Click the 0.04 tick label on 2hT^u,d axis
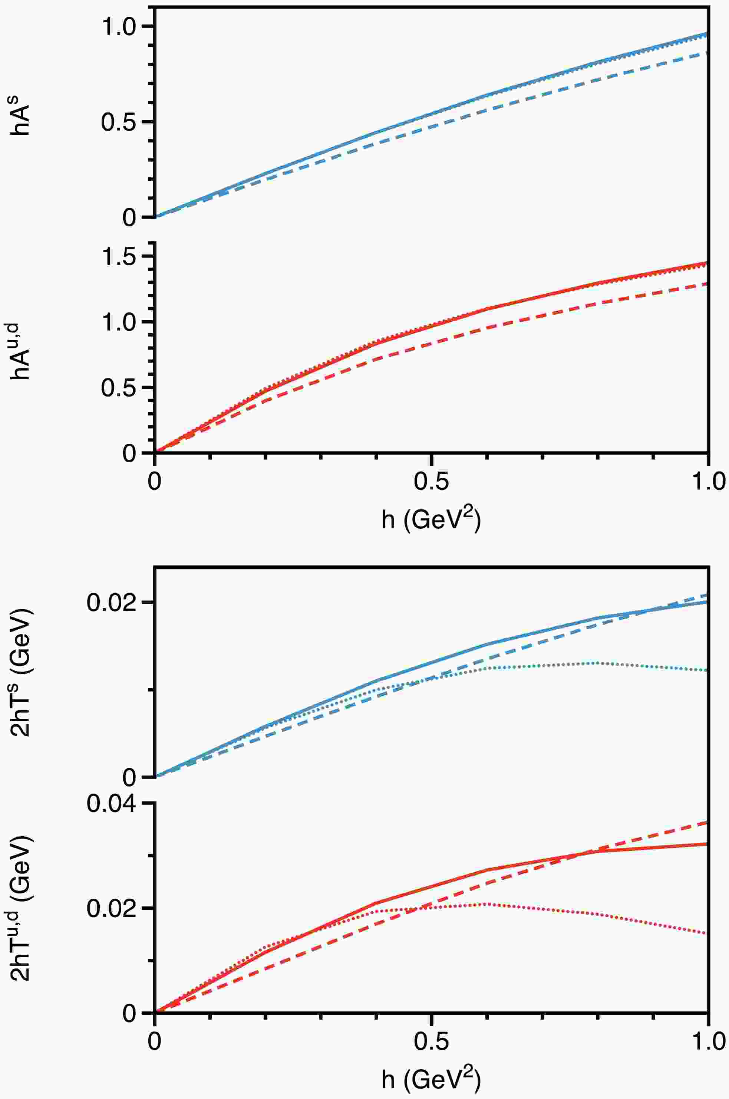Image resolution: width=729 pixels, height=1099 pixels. coord(110,804)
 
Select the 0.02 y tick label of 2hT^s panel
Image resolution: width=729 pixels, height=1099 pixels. coord(110,603)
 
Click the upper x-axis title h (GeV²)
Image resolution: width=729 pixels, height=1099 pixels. coord(431,519)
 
